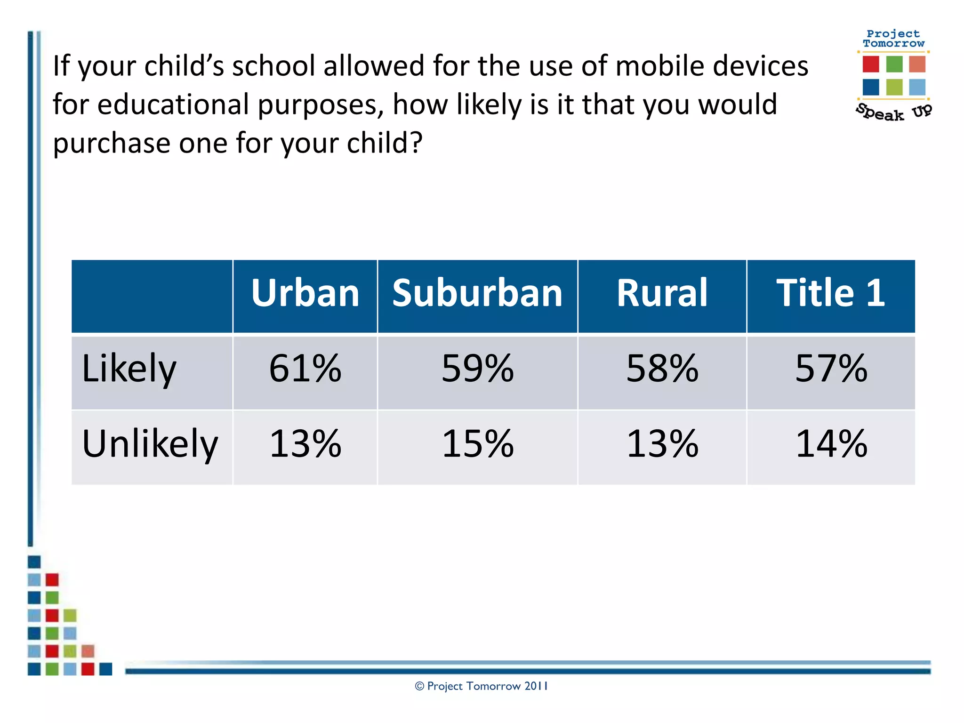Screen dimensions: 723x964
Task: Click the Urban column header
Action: [x=305, y=293]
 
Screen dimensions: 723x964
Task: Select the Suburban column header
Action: [x=477, y=293]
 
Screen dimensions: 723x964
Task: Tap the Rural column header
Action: [x=662, y=293]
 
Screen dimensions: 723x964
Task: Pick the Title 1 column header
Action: [x=831, y=293]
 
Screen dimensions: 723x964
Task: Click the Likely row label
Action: [x=129, y=369]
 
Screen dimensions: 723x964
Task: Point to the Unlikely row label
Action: [x=150, y=444]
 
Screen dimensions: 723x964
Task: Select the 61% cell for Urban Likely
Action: [x=305, y=369]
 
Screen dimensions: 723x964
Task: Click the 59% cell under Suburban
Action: [x=477, y=369]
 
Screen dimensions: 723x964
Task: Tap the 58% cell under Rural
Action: [x=662, y=369]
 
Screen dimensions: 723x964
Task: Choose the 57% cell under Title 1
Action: [x=831, y=369]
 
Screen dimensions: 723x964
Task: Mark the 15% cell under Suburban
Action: [x=477, y=444]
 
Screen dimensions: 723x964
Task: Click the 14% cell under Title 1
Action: [x=831, y=444]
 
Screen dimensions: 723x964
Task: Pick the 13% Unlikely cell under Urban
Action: [x=305, y=444]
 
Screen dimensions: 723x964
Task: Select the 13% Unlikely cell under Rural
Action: [x=662, y=444]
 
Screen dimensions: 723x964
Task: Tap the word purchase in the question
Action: [x=111, y=144]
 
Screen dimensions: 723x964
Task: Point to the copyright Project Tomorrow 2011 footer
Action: [x=481, y=686]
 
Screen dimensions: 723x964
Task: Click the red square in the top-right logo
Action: [x=870, y=64]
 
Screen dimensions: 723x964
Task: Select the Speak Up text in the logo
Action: [x=893, y=112]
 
